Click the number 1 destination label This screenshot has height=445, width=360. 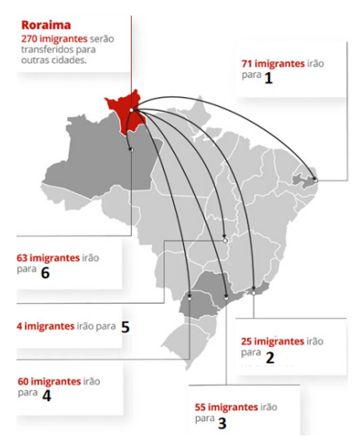point(268,78)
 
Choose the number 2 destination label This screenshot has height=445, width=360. point(269,357)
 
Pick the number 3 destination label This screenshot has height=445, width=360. point(222,422)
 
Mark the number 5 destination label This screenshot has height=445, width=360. point(125,325)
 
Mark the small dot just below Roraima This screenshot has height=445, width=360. point(133,148)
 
